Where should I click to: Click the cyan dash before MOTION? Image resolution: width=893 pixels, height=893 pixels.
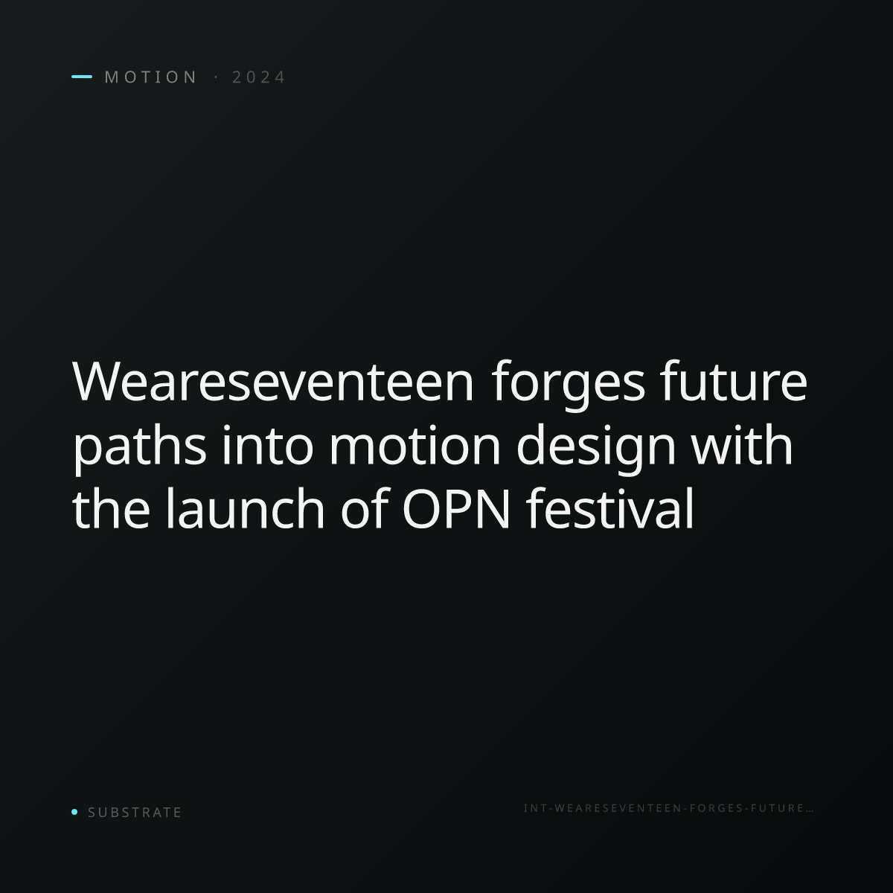[x=82, y=77]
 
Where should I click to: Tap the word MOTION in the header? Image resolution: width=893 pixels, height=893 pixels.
[x=150, y=77]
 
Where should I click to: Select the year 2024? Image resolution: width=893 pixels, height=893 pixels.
[x=258, y=77]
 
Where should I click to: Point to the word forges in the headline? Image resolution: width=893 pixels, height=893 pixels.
[x=568, y=385]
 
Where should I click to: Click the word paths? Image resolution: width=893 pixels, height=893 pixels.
[x=139, y=449]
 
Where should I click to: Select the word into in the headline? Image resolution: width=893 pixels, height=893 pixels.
[x=267, y=445]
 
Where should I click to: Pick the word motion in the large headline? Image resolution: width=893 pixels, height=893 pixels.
[x=415, y=445]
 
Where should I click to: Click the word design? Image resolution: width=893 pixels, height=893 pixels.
[x=596, y=449]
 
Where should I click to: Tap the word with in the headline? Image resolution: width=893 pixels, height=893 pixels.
[x=743, y=444]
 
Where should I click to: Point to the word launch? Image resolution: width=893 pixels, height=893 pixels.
[x=245, y=508]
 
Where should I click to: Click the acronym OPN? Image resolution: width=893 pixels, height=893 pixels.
[x=456, y=509]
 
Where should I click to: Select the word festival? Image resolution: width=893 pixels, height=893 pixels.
[x=610, y=508]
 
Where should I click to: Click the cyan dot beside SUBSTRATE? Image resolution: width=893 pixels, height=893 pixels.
[x=74, y=811]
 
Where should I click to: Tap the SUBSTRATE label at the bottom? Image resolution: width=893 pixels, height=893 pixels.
[x=135, y=812]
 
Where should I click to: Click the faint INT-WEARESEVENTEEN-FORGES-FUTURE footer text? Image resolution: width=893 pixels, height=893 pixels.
[x=668, y=808]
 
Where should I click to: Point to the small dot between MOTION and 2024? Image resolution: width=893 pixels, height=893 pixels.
[x=216, y=77]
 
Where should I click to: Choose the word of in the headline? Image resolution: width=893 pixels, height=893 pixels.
[x=364, y=508]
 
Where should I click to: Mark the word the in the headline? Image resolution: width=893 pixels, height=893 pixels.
[x=111, y=508]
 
